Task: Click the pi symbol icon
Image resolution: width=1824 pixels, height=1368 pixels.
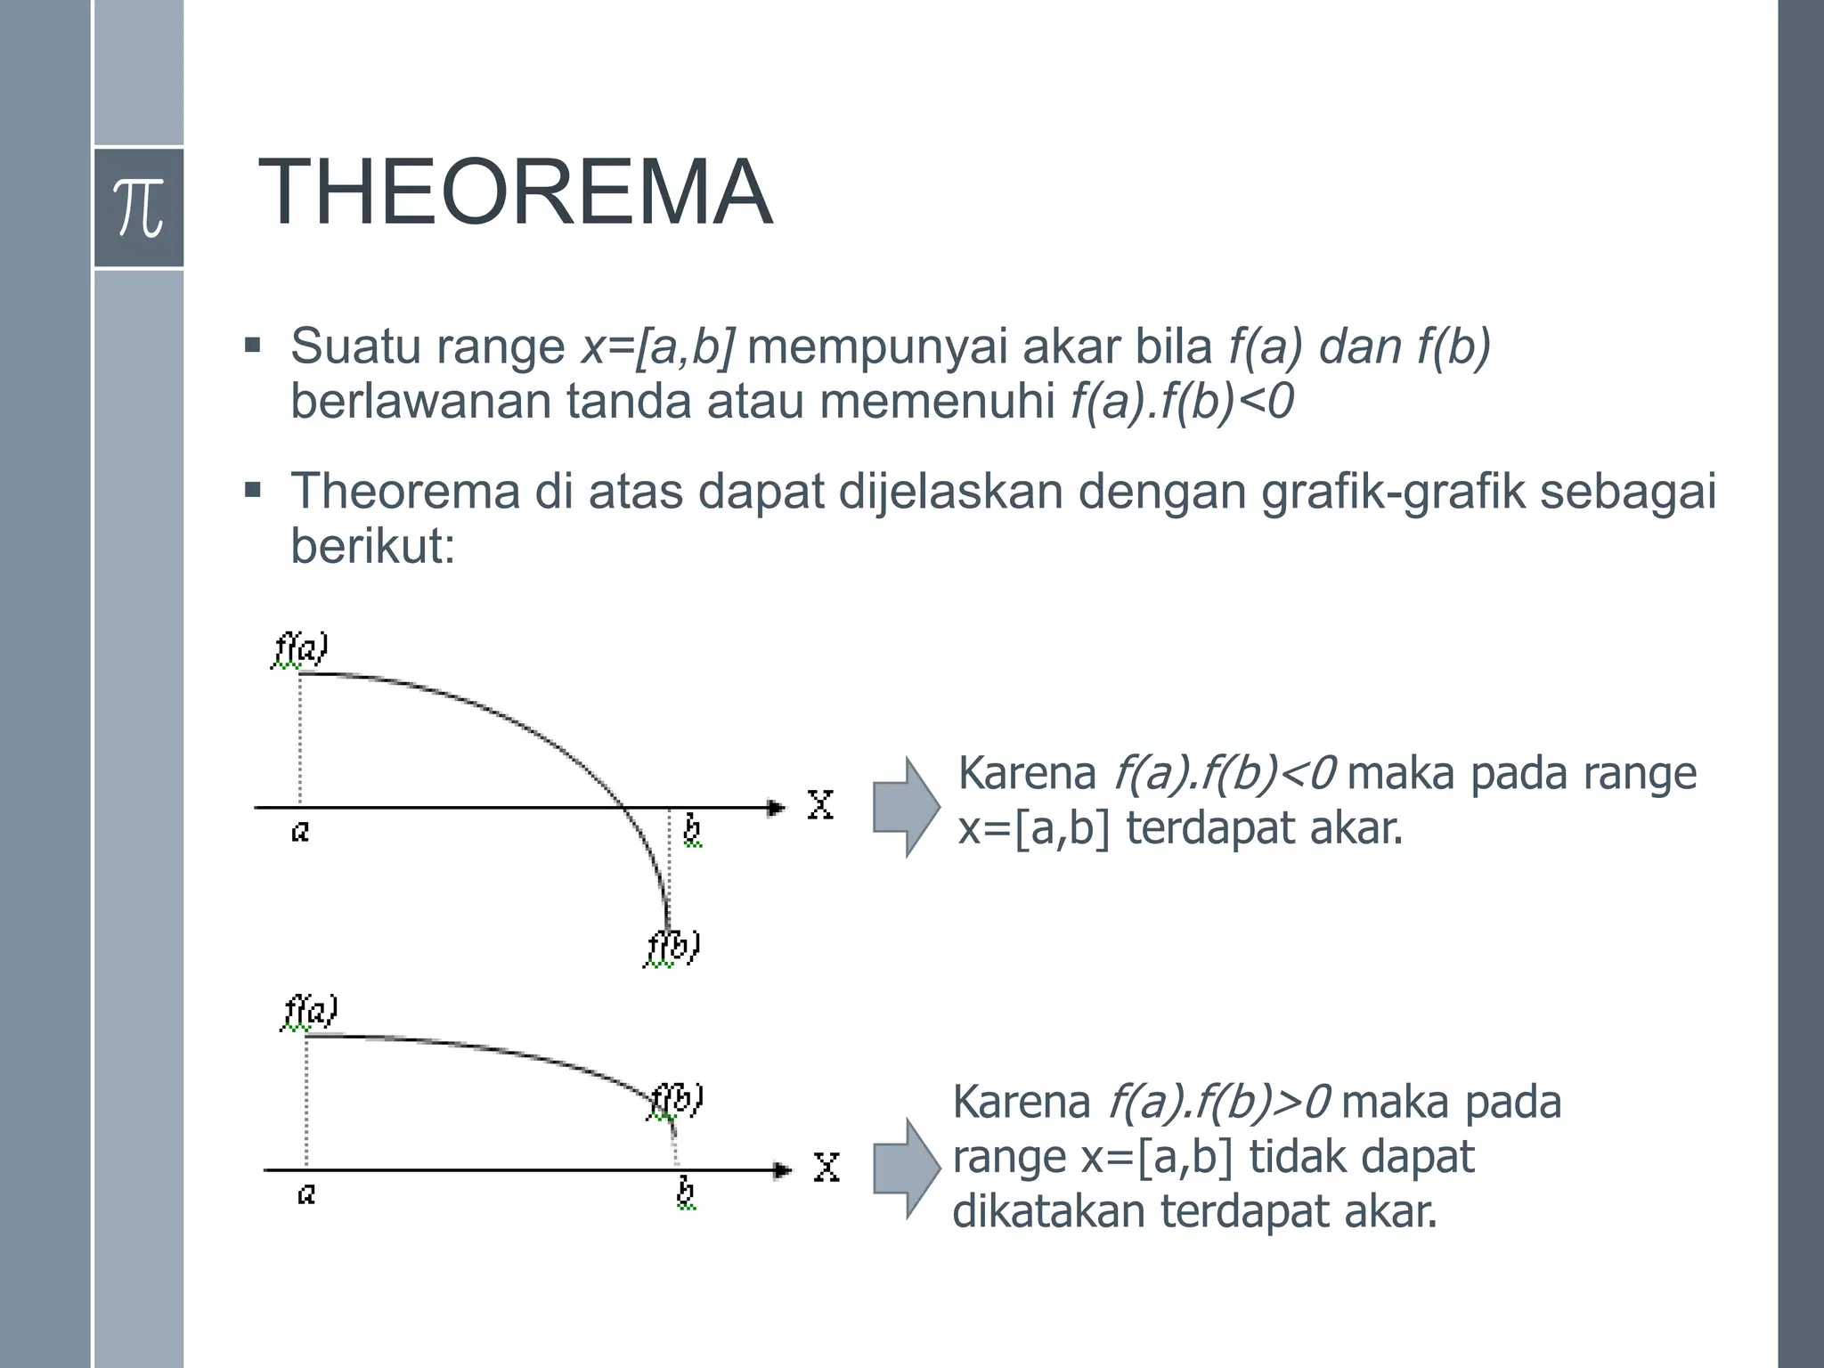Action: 139,208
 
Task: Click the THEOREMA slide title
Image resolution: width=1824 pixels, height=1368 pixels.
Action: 516,193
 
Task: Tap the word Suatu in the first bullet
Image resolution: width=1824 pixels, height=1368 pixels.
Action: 354,346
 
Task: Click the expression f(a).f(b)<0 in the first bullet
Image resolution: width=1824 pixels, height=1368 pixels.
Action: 1181,401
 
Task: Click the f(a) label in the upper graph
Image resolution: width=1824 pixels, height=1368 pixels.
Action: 299,649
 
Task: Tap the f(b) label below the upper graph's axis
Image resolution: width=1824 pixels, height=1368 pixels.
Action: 672,947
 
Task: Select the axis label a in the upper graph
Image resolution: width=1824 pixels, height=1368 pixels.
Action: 300,832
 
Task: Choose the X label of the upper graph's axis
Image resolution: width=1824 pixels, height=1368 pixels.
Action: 819,805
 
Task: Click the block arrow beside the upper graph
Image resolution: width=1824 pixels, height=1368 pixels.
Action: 905,807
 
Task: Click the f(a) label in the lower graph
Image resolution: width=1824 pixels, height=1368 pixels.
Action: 309,1013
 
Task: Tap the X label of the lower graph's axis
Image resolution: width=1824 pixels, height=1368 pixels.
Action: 826,1167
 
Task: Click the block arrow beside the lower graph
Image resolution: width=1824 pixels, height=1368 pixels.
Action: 905,1168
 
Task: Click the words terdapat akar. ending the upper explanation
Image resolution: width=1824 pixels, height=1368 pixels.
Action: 1264,828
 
